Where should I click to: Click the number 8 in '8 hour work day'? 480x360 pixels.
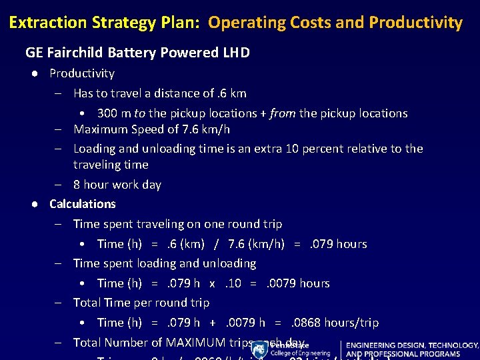[x=77, y=185]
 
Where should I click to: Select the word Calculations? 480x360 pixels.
[x=83, y=204]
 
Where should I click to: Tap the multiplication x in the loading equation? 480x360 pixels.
[x=212, y=283]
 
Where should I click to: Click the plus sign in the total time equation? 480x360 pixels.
[x=213, y=323]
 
